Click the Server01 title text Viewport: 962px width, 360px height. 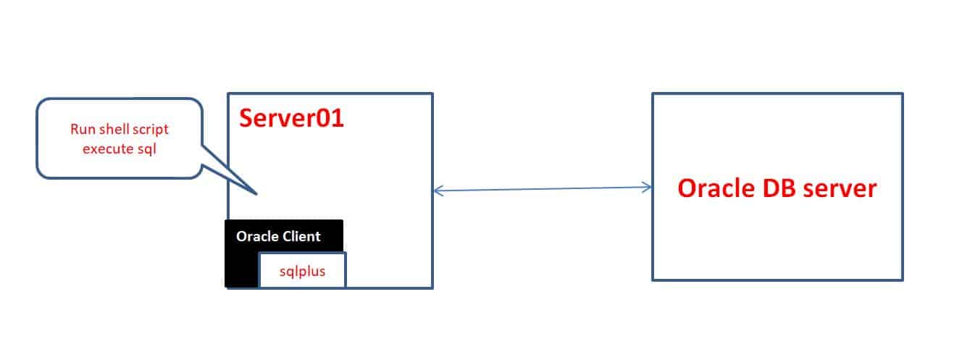click(x=291, y=118)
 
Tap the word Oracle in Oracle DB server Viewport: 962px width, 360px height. click(x=716, y=188)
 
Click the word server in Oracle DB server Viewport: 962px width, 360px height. click(x=840, y=190)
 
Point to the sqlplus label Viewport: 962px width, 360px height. click(x=302, y=272)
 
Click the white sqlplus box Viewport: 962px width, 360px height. click(x=302, y=269)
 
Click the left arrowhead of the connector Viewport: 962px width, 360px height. click(x=435, y=191)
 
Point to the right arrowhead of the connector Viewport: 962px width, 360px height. click(x=651, y=187)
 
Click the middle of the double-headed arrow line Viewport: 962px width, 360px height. click(x=543, y=188)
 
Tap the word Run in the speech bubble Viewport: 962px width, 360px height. click(x=83, y=129)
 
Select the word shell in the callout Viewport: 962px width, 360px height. click(x=114, y=129)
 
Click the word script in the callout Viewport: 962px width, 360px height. click(x=151, y=130)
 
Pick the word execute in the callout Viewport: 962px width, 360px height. click(x=108, y=149)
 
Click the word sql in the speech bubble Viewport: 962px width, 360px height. click(x=146, y=149)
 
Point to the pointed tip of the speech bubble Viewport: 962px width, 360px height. click(x=257, y=194)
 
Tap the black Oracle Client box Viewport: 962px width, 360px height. click(x=241, y=254)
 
